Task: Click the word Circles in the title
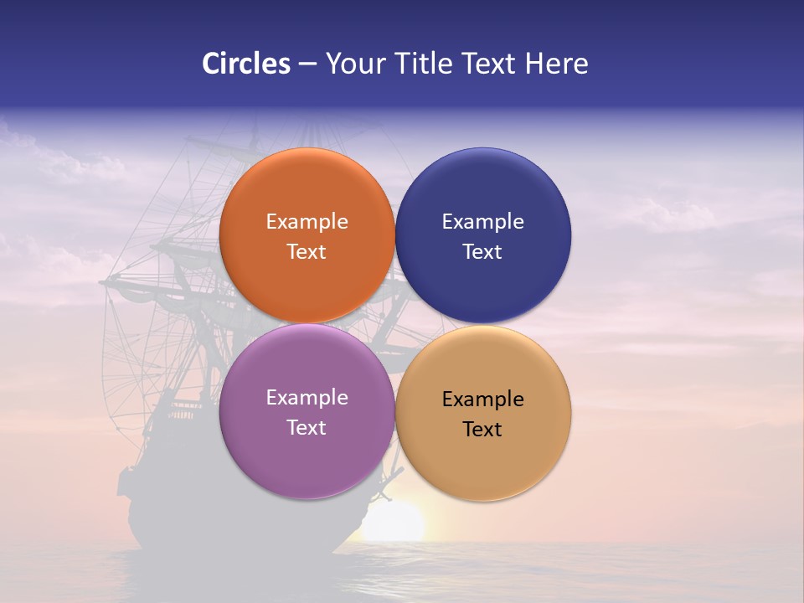coord(246,64)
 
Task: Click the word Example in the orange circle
coord(307,222)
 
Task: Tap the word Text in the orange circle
coord(307,252)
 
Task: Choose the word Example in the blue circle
coord(482,222)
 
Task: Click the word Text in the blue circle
coord(482,252)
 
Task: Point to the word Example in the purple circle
coord(307,398)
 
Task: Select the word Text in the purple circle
coord(307,428)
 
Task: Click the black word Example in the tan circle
coord(482,399)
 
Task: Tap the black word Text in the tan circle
coord(482,430)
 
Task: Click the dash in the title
coord(307,64)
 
